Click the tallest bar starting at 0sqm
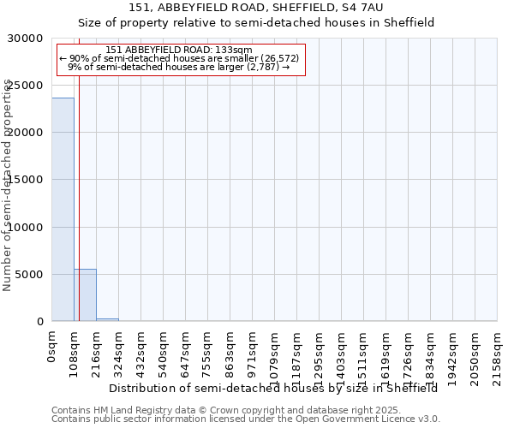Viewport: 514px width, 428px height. (63, 210)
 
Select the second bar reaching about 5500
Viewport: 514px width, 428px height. (85, 295)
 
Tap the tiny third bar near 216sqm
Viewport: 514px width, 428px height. (107, 319)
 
